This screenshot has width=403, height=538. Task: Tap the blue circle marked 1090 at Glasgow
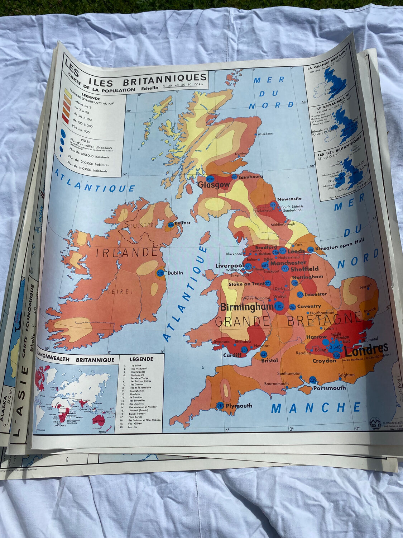tap(210, 179)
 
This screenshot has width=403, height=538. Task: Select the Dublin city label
tap(175, 273)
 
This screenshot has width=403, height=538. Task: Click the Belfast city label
tap(182, 223)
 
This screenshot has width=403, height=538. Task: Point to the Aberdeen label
tap(265, 134)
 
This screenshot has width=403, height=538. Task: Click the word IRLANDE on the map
tap(127, 253)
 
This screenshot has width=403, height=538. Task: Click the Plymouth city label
tap(239, 406)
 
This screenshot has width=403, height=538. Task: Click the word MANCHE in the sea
tap(316, 408)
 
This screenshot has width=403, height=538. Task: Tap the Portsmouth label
tap(330, 388)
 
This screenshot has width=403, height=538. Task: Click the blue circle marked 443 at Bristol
tap(264, 355)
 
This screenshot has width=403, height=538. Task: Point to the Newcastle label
tap(289, 199)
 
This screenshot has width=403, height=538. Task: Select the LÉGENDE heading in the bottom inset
tap(141, 359)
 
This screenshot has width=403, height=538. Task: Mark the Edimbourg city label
tap(251, 176)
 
